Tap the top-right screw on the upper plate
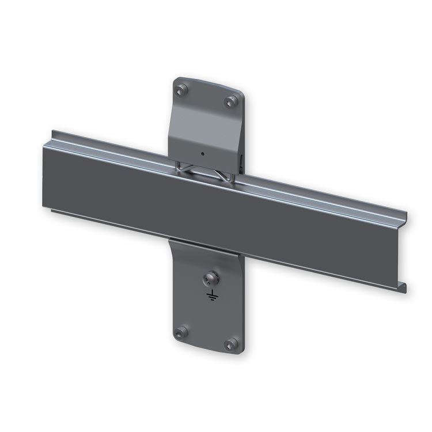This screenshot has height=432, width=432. [x=232, y=101]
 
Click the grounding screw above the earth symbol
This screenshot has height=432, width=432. [x=210, y=279]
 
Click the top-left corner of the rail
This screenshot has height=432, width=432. [x=53, y=131]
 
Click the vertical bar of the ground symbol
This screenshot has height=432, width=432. [x=212, y=293]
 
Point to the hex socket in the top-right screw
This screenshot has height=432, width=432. [x=232, y=101]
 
